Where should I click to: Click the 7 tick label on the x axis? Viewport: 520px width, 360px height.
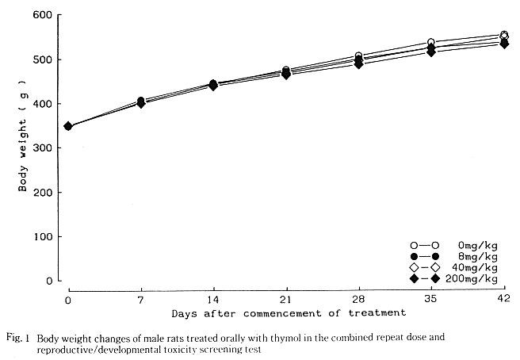[140, 299]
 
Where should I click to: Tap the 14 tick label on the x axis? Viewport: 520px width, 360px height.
[213, 299]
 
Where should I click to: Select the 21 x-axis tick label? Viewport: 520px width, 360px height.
[285, 299]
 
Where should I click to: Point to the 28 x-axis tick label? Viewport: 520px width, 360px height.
[358, 299]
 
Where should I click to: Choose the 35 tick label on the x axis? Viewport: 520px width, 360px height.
[430, 299]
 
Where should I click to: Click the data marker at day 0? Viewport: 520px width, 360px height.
[68, 126]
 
